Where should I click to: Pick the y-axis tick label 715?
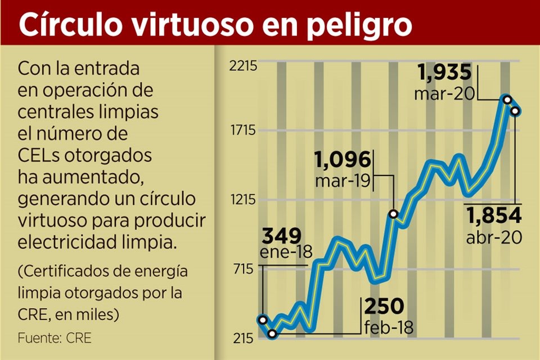246,269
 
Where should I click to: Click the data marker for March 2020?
507,100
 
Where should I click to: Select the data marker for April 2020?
515,111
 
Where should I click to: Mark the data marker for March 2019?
394,214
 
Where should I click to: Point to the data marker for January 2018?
262,319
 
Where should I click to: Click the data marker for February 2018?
273,334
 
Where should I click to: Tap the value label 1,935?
444,74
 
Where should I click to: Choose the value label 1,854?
494,215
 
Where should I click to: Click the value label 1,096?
343,160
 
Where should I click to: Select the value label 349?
281,235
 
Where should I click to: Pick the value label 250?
384,307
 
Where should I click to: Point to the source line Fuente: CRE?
54,338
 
